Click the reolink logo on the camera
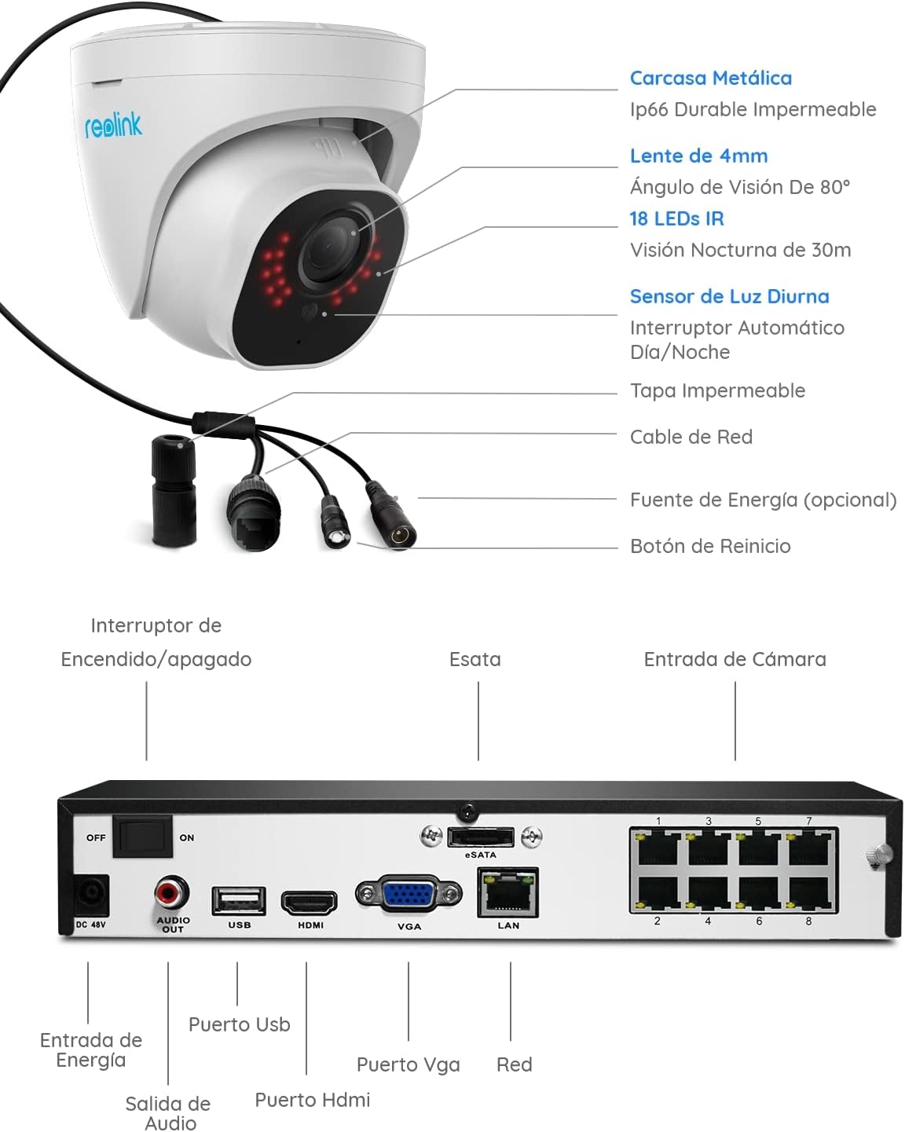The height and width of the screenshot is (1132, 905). (113, 125)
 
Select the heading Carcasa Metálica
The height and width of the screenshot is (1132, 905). (710, 78)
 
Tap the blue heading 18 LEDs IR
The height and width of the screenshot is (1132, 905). (676, 218)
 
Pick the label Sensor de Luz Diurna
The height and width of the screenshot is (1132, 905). (729, 296)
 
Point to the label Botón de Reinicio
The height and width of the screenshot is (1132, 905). (710, 546)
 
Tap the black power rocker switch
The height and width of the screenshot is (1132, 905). (142, 837)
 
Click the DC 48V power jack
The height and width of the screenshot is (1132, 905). (91, 895)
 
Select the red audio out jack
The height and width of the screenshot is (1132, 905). (171, 893)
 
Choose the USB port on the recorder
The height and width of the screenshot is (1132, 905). (239, 900)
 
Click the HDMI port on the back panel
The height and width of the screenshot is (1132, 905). (310, 903)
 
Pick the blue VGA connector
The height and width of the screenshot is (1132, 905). (409, 894)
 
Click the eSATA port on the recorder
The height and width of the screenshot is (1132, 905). (481, 837)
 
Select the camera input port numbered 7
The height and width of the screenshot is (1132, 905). (809, 848)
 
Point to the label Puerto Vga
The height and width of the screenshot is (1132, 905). (408, 1064)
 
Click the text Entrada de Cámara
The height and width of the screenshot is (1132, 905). (735, 659)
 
